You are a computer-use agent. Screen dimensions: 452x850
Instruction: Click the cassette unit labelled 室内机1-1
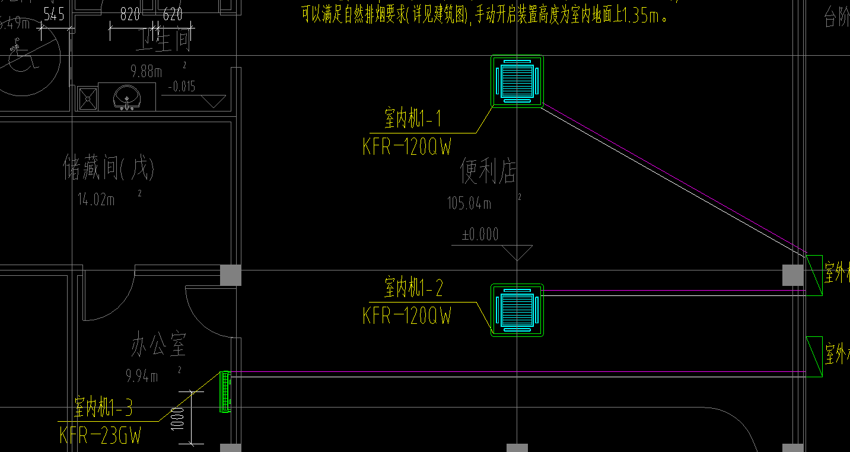coord(517,81)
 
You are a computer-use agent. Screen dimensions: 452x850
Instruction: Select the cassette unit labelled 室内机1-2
coord(517,310)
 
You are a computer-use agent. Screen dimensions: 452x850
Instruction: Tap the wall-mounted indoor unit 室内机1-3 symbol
coord(225,391)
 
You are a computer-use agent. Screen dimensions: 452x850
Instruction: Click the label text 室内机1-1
coord(413,119)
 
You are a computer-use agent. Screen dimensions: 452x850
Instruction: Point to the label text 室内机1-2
coord(413,289)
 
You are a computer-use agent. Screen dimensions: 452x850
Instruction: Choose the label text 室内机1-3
coord(103,408)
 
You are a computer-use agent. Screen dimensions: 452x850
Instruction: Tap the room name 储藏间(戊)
coord(109,169)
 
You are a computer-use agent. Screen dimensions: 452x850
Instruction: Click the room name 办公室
coord(158,346)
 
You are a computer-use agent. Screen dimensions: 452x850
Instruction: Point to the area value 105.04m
coord(469,204)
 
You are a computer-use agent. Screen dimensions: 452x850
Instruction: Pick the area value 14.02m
coord(96,200)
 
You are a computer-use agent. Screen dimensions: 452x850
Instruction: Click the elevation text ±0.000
coord(480,235)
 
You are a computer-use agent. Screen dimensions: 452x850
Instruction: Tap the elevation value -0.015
coord(182,87)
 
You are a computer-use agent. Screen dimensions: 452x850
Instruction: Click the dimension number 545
coord(53,15)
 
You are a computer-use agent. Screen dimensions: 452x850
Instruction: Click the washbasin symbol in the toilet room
coord(126,97)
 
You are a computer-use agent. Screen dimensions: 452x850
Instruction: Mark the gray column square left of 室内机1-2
coord(231,275)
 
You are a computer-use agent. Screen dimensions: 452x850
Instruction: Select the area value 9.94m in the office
coord(142,376)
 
